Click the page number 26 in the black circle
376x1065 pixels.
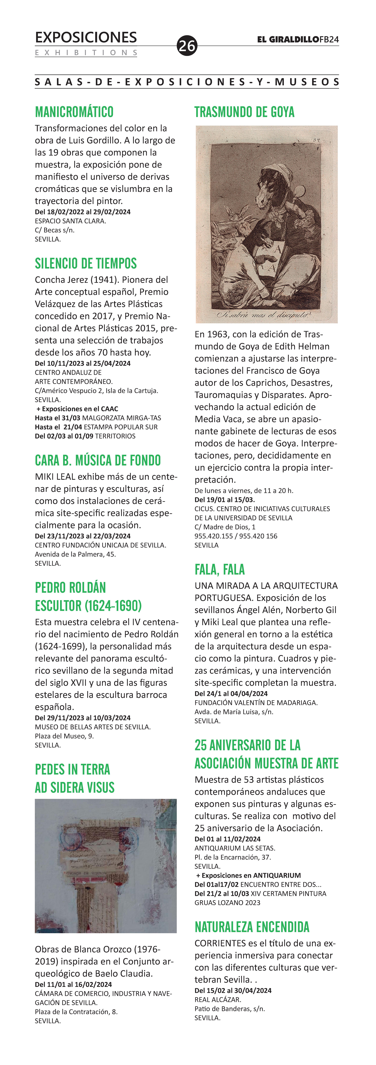click(187, 45)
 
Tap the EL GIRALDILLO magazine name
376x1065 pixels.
click(288, 40)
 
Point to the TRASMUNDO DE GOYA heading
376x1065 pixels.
click(244, 112)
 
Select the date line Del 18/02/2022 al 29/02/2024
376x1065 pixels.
click(83, 212)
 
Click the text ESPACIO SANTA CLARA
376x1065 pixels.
click(70, 221)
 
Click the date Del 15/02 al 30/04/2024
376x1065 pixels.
click(233, 991)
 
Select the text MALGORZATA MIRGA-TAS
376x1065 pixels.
click(122, 418)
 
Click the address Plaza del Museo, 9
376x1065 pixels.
click(64, 736)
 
